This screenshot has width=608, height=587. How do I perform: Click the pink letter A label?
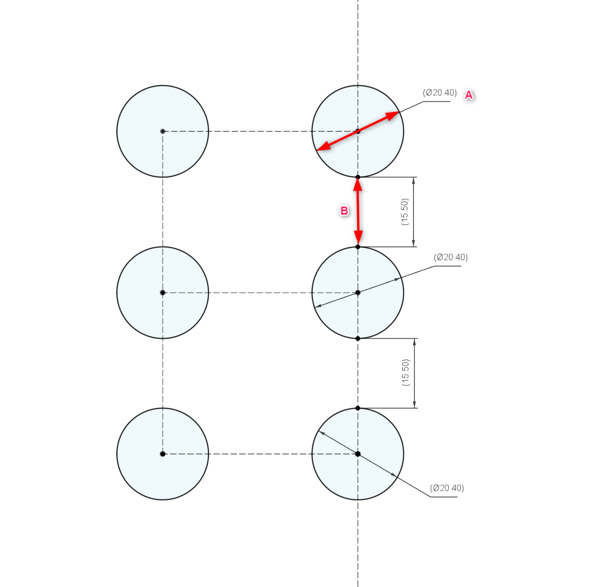[x=469, y=95]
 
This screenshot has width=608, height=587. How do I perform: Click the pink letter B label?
[x=344, y=211]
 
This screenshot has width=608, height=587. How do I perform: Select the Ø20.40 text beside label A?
[x=440, y=93]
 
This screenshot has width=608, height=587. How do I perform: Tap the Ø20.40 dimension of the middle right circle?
[x=451, y=257]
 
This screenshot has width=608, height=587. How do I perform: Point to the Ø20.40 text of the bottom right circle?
[x=447, y=488]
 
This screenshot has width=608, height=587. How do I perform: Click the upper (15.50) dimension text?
[x=405, y=212]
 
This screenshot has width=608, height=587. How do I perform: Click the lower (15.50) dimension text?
[x=406, y=372]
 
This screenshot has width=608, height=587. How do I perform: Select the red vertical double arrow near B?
[x=358, y=212]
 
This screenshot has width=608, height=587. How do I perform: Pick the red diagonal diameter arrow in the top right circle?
[x=358, y=131]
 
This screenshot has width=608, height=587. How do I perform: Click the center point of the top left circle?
[x=163, y=131]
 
